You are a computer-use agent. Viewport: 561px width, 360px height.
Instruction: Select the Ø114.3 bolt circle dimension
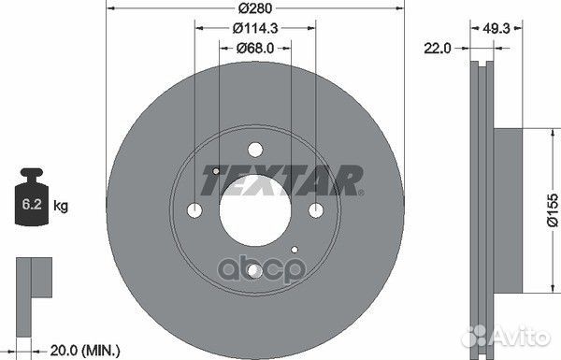[254, 28]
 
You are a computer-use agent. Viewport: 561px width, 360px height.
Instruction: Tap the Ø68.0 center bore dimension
[254, 48]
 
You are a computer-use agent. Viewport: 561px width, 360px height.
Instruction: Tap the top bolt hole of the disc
[254, 148]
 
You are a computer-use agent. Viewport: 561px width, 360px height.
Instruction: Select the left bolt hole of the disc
[194, 209]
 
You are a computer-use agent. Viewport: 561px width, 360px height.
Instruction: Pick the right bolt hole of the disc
[315, 209]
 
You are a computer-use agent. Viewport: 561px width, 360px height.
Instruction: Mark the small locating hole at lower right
[295, 249]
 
